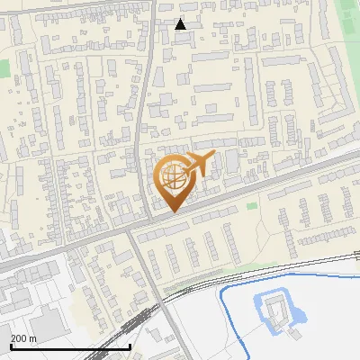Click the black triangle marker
click(x=181, y=24)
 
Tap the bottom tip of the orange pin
click(x=174, y=211)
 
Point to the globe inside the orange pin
click(x=173, y=176)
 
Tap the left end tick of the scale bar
click(x=11, y=345)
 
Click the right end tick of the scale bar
click(x=130, y=345)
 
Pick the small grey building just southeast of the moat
click(x=294, y=330)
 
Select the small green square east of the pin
click(x=251, y=206)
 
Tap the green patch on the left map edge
click(x=4, y=67)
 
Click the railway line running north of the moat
click(x=270, y=271)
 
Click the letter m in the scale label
click(x=33, y=338)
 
